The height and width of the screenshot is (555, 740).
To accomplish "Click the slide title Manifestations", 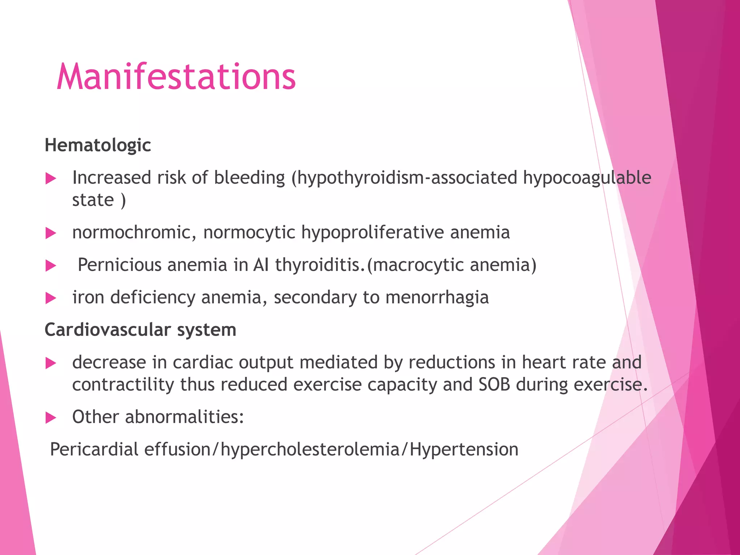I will point(176,77).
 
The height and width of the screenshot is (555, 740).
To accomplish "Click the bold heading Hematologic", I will point(98,145).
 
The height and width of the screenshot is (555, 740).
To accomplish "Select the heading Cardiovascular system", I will point(140,330).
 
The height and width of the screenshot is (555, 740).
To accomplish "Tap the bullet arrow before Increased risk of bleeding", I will point(51,178).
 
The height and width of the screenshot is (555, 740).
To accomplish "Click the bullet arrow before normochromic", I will point(51,233).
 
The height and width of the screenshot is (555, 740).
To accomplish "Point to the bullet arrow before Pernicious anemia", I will point(51,266).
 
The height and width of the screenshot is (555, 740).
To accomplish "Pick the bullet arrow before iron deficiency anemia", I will point(51,298).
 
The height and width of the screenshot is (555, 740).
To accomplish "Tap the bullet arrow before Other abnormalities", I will point(51,418).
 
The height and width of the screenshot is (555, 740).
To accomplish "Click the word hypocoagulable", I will point(587,178).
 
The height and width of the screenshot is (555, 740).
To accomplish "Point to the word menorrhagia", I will point(437,298).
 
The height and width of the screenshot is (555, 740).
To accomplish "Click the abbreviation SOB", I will point(494,384).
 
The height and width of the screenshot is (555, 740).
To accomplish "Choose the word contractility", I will point(123,384).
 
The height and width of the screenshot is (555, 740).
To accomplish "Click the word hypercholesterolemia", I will point(310,450).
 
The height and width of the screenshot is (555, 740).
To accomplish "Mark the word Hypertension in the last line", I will point(464,450).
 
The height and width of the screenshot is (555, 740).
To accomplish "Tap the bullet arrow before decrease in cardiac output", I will point(51,363).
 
